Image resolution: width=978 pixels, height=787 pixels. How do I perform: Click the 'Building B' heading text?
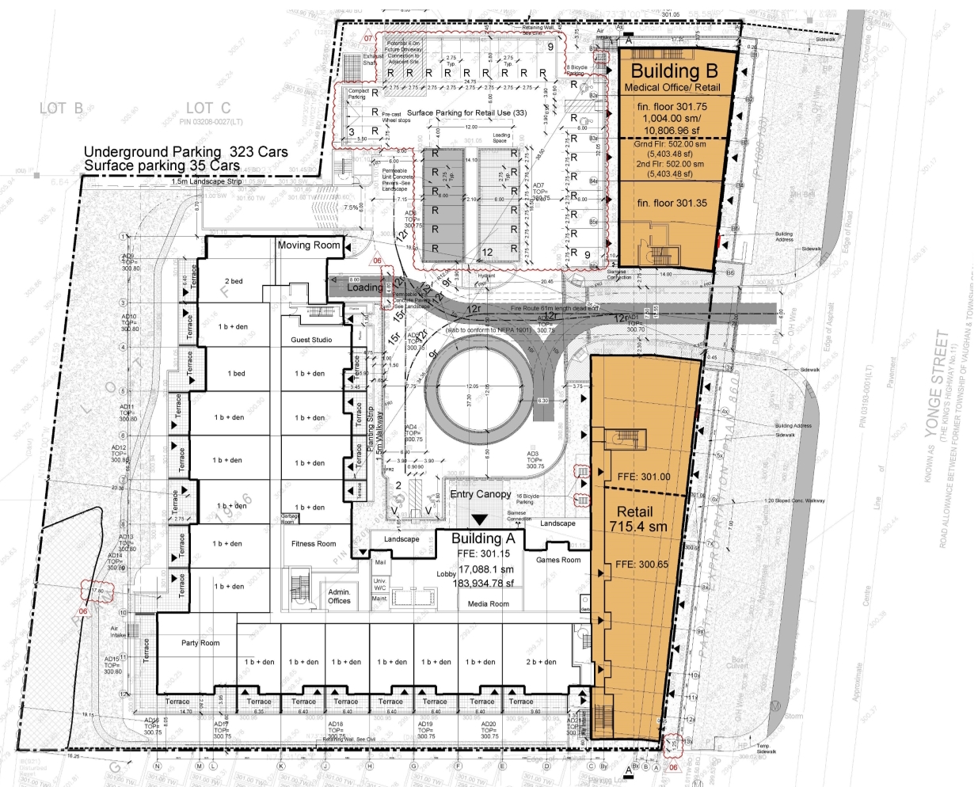[674, 70]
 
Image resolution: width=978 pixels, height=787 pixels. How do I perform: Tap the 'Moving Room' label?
[309, 245]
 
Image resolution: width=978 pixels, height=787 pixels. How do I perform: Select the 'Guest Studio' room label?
[311, 340]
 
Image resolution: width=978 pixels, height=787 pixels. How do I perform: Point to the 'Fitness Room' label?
[314, 544]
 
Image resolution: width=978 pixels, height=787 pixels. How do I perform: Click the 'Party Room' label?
[200, 643]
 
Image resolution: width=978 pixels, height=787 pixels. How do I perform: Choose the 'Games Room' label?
[558, 560]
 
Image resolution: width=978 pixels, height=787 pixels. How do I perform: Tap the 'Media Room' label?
[489, 604]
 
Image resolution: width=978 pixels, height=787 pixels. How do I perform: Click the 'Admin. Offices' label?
[339, 596]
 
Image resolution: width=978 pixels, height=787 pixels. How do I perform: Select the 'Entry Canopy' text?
[481, 494]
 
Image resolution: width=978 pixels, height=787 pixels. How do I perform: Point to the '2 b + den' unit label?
[541, 662]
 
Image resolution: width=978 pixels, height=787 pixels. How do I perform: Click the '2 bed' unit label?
[234, 281]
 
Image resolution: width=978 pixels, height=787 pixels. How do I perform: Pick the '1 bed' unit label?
[236, 373]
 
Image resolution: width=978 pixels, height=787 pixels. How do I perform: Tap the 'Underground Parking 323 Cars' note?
[186, 151]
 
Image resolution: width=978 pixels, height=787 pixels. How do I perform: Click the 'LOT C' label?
[208, 108]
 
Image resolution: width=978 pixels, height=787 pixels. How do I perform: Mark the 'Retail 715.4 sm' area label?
[637, 519]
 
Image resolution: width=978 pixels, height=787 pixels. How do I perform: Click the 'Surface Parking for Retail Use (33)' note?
[466, 112]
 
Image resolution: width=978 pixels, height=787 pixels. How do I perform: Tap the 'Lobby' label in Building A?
[446, 574]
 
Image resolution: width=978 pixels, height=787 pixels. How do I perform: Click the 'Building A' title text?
[483, 538]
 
